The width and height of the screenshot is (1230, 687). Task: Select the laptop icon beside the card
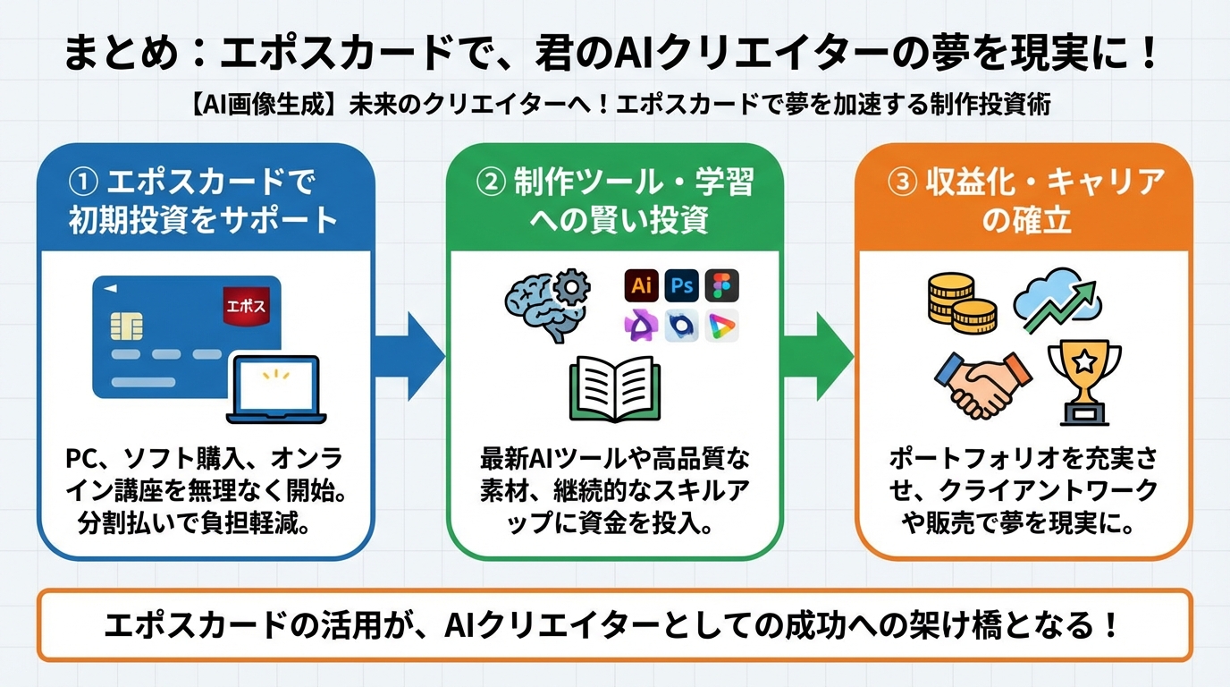277,389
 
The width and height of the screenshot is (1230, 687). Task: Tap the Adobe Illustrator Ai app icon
641,285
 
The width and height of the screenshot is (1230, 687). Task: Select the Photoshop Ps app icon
683,285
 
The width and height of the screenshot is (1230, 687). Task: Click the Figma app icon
722,285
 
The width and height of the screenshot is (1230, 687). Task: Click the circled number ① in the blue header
82,182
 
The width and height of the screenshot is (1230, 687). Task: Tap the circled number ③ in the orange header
901,182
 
